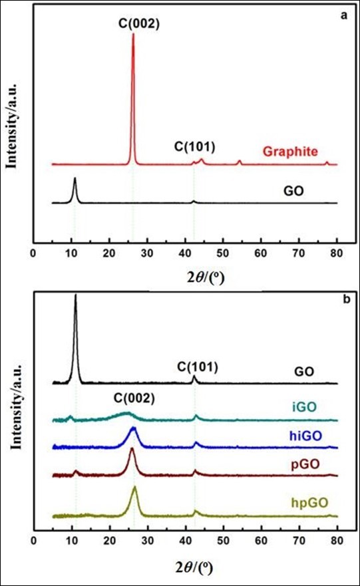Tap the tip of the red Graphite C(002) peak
[133, 34]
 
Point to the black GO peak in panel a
[75, 180]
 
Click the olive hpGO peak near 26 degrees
[134, 488]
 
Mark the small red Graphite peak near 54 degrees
[240, 161]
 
